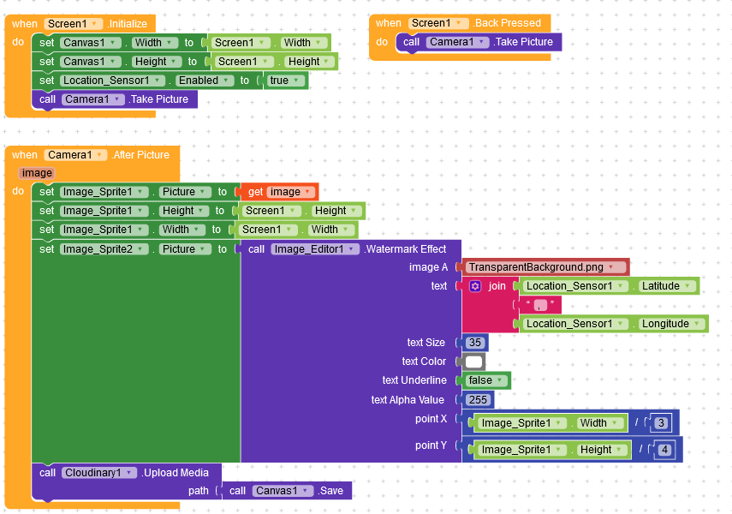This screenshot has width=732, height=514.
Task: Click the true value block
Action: coord(285,81)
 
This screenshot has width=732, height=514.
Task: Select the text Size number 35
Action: coord(475,343)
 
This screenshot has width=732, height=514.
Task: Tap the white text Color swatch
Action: coord(473,362)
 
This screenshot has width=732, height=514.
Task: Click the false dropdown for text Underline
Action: coord(485,380)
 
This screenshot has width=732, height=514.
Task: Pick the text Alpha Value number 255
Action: coord(478,400)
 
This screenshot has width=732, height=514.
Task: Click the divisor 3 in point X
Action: coord(661,423)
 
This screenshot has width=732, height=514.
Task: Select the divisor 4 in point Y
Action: coord(664,450)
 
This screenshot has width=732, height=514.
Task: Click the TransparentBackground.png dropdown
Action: coord(545,267)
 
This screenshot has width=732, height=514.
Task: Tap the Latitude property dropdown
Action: coord(665,286)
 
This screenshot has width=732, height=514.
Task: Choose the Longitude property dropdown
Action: coord(670,324)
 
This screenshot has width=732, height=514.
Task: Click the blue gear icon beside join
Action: coord(475,286)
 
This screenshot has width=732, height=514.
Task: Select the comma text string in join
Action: coord(540,305)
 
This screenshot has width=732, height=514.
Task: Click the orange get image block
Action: coord(279,192)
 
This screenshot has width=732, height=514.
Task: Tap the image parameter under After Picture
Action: coord(37,173)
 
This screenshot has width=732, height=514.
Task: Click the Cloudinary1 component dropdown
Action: coord(99,473)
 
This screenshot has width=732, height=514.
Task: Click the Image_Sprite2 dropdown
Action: coord(104,249)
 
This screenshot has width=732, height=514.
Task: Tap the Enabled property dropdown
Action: coord(205,81)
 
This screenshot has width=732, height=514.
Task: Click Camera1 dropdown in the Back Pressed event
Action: coord(457,42)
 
